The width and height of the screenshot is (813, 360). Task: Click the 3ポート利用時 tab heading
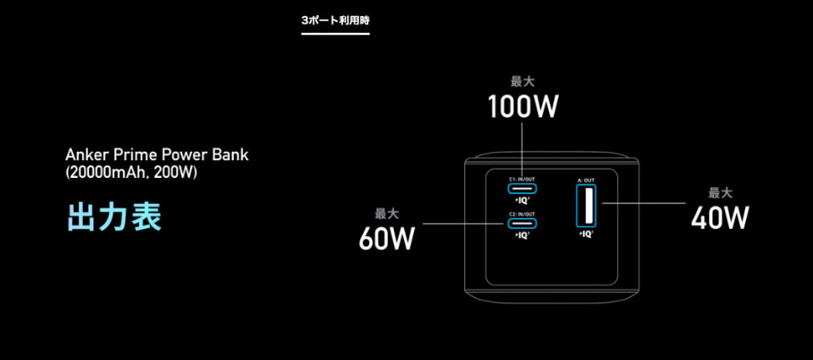click(x=335, y=19)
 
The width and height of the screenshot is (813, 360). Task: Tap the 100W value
click(x=523, y=108)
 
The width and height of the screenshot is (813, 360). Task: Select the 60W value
click(x=386, y=239)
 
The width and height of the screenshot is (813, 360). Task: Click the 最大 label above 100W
click(x=523, y=82)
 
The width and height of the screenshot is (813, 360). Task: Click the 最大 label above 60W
click(x=386, y=213)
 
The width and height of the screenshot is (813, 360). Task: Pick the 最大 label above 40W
click(x=720, y=192)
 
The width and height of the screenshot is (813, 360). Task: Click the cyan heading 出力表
click(x=113, y=217)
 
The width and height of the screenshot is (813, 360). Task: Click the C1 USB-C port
click(x=522, y=190)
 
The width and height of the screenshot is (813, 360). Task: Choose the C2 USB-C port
click(x=522, y=224)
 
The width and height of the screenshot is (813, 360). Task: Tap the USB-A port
click(x=586, y=207)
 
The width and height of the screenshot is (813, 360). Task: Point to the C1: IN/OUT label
click(x=522, y=180)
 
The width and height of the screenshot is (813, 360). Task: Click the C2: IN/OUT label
click(x=522, y=214)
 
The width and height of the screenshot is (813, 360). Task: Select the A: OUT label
click(x=586, y=180)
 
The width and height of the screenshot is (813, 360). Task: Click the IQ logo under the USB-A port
click(x=586, y=234)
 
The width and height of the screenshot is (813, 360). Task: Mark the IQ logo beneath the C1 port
click(x=522, y=201)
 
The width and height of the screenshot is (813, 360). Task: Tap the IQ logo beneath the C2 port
click(x=522, y=235)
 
